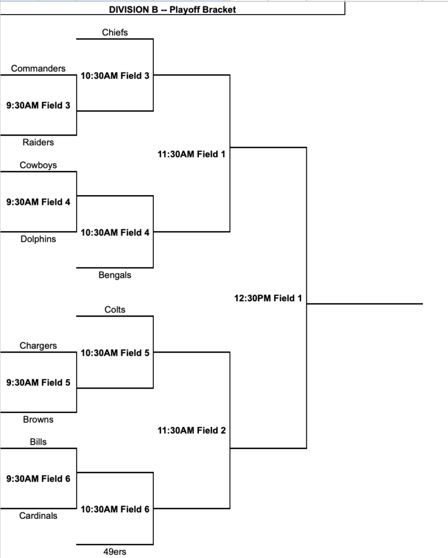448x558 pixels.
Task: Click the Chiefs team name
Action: [x=114, y=32]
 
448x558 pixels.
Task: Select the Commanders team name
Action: [x=38, y=68]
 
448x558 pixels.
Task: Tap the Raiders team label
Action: [x=38, y=142]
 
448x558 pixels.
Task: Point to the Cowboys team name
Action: [x=38, y=165]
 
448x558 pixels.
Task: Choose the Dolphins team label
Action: [x=38, y=239]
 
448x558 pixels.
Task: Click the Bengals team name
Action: [x=114, y=275]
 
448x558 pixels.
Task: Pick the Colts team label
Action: [x=114, y=310]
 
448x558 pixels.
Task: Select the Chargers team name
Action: [x=38, y=345]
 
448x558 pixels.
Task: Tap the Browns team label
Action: [x=38, y=420]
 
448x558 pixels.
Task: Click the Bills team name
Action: [x=38, y=441]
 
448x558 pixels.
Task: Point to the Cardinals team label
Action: [x=38, y=515]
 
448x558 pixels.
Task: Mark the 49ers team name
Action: [x=114, y=551]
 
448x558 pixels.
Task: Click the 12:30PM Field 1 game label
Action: [x=268, y=298]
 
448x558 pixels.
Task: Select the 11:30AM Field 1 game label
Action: [x=191, y=154]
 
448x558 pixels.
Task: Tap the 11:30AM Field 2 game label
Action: [x=191, y=430]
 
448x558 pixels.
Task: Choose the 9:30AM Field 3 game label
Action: [x=38, y=105]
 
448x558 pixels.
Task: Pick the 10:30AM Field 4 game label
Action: [x=115, y=233]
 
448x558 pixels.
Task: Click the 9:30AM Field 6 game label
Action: [x=38, y=478]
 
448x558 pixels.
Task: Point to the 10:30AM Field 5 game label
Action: [x=115, y=353]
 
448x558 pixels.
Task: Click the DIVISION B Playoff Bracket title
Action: [x=172, y=10]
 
